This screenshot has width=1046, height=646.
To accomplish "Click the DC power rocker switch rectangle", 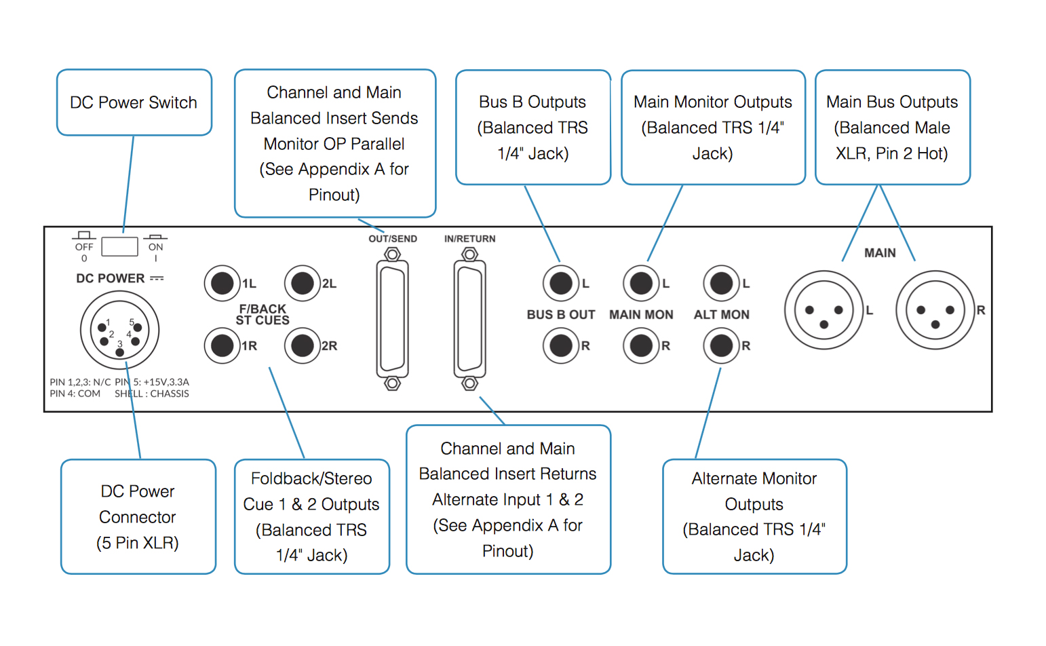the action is (119, 246).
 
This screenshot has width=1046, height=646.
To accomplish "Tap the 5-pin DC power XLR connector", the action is (119, 330).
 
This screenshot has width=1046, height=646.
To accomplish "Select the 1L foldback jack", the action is (222, 283).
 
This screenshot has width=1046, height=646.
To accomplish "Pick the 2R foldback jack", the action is (303, 345).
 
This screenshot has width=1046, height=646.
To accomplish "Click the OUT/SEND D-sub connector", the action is (392, 320).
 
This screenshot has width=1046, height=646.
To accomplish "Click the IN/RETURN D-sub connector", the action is (470, 320).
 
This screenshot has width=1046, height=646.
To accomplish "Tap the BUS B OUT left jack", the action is (561, 283).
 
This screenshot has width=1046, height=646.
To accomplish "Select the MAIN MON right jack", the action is (641, 345).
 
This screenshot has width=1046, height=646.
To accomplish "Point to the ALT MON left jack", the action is (722, 283).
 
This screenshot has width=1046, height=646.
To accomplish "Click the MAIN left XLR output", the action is (824, 309).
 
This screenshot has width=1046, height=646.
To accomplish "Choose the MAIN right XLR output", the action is (935, 309).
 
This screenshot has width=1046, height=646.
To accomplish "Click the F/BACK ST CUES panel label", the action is (263, 314).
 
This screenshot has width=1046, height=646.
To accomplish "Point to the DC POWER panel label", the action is (111, 278).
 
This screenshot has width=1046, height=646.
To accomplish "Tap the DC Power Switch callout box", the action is (134, 102).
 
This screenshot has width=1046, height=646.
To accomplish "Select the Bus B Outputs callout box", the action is (533, 128).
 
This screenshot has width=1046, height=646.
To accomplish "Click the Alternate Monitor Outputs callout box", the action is (754, 516).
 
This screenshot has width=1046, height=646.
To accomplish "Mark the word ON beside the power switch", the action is (155, 247).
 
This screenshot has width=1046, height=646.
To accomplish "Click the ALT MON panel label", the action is (722, 315).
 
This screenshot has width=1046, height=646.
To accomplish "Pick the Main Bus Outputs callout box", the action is (893, 128).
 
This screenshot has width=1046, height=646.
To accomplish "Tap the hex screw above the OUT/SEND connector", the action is (392, 254).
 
